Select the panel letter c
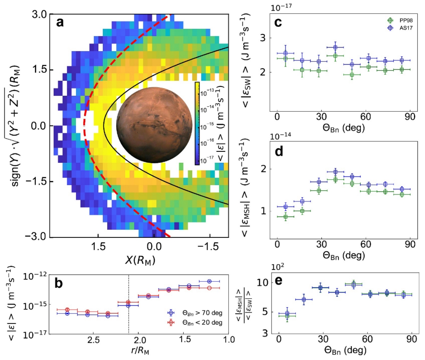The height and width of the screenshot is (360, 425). pyautogui.click(x=278, y=23)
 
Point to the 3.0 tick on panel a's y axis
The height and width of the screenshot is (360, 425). pyautogui.click(x=39, y=15)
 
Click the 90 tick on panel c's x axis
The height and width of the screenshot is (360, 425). pyautogui.click(x=411, y=116)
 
